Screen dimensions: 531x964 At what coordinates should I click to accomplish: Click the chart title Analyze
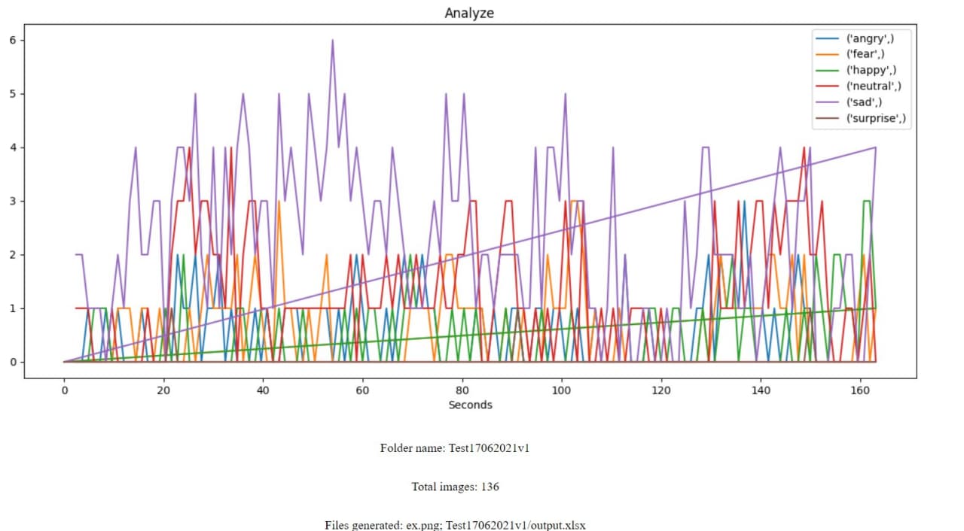point(469,13)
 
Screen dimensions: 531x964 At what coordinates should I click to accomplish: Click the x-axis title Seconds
point(470,405)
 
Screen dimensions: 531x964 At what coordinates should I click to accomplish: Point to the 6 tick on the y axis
point(12,40)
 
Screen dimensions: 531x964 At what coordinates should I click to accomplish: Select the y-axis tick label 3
point(12,201)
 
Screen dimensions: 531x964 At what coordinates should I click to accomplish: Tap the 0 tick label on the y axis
point(12,362)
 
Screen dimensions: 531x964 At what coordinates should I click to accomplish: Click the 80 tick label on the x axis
point(462,390)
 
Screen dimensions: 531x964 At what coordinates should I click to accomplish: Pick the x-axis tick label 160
point(860,390)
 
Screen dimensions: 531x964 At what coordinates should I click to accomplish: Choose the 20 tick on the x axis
point(163,390)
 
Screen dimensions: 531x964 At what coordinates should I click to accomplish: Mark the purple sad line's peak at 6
point(332,41)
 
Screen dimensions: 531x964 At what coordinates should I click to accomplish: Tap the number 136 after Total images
point(490,487)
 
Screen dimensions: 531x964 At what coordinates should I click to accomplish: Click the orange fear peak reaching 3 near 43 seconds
point(279,202)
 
